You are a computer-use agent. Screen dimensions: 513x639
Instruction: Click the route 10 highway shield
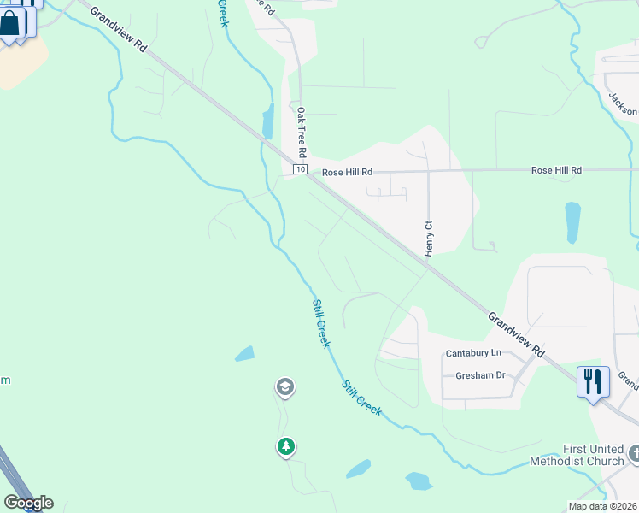pyautogui.click(x=300, y=170)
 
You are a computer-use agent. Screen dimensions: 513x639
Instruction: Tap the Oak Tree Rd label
pyautogui.click(x=301, y=132)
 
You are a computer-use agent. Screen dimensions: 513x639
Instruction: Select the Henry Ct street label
pyautogui.click(x=429, y=237)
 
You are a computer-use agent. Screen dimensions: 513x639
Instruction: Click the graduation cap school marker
pyautogui.click(x=284, y=388)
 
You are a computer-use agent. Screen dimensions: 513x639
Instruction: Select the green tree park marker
pyautogui.click(x=285, y=446)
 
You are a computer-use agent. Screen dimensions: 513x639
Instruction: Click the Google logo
pyautogui.click(x=28, y=503)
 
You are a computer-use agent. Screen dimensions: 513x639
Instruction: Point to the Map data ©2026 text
pyautogui.click(x=601, y=506)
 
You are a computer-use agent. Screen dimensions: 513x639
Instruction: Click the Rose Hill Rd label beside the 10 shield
pyautogui.click(x=347, y=172)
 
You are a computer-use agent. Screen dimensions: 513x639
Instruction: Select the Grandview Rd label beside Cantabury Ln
pyautogui.click(x=516, y=333)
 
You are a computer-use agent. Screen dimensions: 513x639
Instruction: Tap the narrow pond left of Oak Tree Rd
pyautogui.click(x=268, y=122)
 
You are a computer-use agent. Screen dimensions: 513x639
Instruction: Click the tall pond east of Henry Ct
pyautogui.click(x=572, y=222)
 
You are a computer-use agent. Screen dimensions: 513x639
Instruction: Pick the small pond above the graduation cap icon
pyautogui.click(x=244, y=353)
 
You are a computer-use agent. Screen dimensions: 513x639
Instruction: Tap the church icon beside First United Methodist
pyautogui.click(x=634, y=453)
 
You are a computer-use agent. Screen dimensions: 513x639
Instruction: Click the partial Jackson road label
pyautogui.click(x=623, y=103)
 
